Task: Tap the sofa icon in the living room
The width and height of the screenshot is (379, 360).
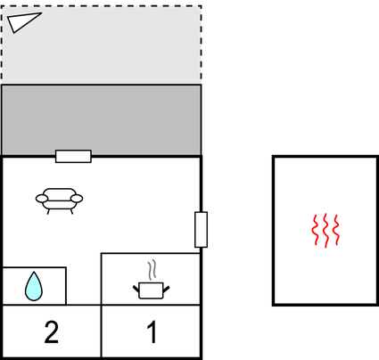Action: (59, 201)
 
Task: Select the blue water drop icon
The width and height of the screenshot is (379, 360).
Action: (34, 286)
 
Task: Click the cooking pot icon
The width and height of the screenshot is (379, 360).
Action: (151, 290)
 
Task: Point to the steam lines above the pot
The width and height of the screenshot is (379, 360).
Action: (152, 270)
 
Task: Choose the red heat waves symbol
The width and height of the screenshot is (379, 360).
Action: (325, 230)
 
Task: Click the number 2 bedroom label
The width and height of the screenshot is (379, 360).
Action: (52, 332)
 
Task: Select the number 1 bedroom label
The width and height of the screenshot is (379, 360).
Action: (152, 332)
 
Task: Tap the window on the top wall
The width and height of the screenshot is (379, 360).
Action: (73, 156)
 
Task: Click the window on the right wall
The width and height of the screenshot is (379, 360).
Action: (201, 229)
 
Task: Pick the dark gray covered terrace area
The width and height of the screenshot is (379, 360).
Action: (102, 119)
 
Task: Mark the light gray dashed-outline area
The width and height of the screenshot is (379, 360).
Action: (102, 44)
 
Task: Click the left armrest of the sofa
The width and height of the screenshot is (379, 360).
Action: (42, 199)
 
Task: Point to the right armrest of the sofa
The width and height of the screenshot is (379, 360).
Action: (77, 199)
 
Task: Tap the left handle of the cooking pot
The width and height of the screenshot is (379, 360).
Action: (136, 289)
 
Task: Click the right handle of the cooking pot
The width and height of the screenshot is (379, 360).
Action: (166, 289)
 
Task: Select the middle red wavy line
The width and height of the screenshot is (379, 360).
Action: (325, 231)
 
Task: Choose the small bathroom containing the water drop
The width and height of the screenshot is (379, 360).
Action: (34, 286)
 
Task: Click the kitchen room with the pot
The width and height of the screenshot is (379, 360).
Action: (151, 279)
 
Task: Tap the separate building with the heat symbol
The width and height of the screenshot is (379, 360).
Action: (325, 231)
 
